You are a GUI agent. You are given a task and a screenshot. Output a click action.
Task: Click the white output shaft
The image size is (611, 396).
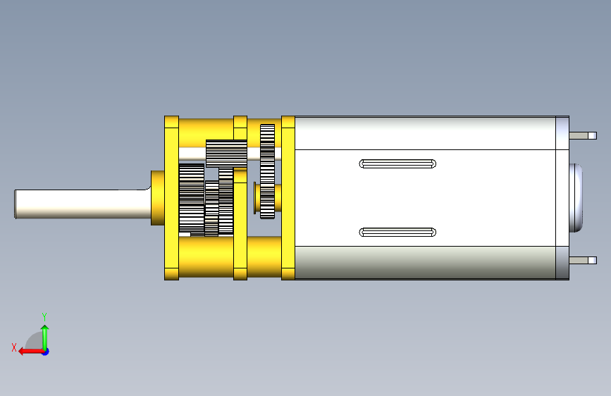[82, 204]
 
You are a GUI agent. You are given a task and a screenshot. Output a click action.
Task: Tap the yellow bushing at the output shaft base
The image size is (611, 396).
[158, 197]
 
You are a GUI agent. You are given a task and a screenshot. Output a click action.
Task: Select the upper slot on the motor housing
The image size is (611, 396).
[397, 163]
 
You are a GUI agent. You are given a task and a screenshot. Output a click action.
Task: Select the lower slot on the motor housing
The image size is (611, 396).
[397, 233]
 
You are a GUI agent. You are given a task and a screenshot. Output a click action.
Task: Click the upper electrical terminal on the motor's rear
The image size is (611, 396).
[583, 135]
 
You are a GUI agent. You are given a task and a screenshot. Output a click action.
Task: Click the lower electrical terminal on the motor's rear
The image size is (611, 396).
[583, 261]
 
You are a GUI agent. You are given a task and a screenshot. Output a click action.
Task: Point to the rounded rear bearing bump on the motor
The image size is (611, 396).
[576, 198]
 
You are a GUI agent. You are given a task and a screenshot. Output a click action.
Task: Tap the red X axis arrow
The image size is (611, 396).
[31, 352]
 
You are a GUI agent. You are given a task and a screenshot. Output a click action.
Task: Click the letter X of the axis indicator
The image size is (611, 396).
[14, 347]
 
